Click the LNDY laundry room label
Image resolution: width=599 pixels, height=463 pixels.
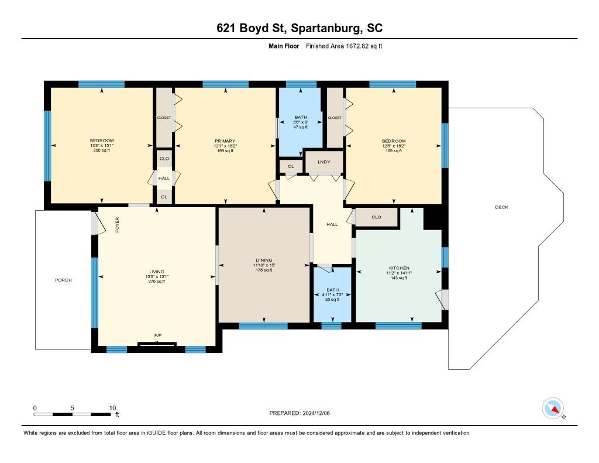coord(324,162)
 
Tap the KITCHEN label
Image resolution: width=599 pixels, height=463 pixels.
coord(399,268)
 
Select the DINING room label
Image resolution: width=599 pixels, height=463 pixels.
coord(264,260)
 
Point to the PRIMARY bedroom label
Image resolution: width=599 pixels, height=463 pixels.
coord(225,141)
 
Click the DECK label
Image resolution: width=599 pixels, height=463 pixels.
coord(501,207)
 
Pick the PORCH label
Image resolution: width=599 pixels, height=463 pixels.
coord(63,280)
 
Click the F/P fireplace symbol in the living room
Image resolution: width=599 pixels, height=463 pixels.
coord(157,344)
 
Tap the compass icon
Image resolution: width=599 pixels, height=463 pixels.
coord(553,409)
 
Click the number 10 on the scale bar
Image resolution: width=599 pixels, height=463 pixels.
coord(112,408)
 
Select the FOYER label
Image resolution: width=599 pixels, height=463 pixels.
coord(117,225)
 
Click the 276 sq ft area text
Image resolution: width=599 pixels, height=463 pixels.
coord(157,282)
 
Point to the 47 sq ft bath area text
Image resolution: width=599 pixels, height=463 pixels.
coord(301,127)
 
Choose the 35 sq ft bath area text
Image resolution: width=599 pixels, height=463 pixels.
coord(332,300)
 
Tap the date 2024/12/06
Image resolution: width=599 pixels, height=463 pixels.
coord(316,413)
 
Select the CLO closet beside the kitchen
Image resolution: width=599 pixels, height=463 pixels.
coord(376,217)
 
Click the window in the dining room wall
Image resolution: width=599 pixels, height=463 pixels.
coord(263,326)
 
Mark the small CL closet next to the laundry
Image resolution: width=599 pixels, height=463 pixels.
coord(291,166)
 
